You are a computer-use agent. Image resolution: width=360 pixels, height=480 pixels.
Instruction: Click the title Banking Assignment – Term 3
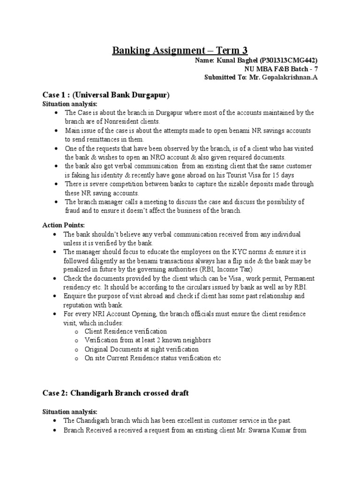point(180,50)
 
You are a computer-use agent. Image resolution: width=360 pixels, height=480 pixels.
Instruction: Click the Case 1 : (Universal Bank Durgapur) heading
point(105,95)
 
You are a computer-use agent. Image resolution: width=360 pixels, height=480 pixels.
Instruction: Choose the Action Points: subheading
point(64,225)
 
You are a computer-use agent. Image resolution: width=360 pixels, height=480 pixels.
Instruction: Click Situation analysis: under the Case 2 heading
point(70,412)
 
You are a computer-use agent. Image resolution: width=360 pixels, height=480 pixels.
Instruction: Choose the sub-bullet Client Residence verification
point(126,331)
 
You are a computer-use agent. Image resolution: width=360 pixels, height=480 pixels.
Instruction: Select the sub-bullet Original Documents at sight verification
point(142,349)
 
